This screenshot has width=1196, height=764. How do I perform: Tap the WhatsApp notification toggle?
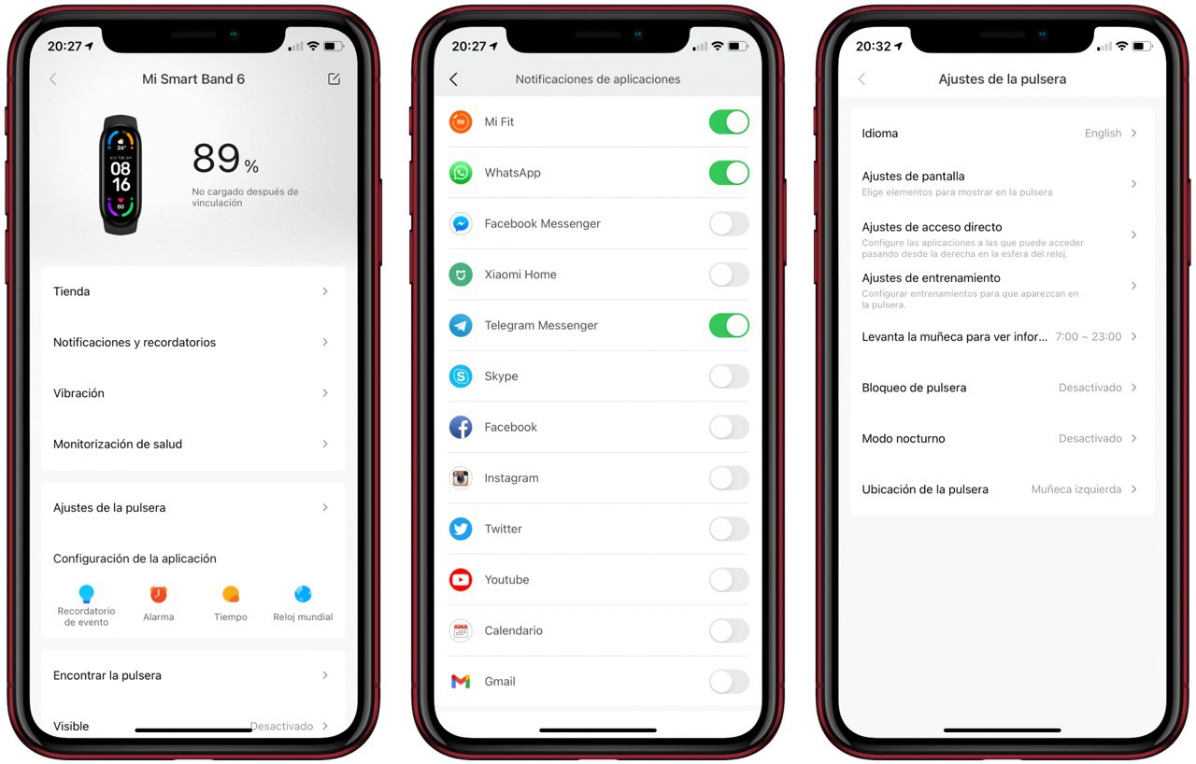pos(729,173)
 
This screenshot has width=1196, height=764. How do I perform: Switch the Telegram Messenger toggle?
pos(729,325)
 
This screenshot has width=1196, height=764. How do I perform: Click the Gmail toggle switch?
pos(729,681)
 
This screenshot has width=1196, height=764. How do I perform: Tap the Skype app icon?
pos(461,376)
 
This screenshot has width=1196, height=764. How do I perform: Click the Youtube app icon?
pos(461,579)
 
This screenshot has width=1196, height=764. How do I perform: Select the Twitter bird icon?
pos(461,529)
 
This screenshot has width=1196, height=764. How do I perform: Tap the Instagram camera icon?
pos(461,478)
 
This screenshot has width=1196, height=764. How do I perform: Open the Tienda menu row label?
pos(72,291)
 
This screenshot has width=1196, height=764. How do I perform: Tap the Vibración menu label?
pos(79,393)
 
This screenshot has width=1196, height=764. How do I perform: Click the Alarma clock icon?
pos(159,594)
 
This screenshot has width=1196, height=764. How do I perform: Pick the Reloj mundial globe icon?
pos(303,594)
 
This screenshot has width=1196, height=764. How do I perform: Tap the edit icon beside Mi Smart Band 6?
pos(334,79)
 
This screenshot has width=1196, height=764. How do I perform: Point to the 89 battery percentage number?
pos(216,159)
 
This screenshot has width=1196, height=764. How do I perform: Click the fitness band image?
pos(121,175)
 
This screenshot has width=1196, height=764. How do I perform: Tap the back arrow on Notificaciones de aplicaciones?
pos(454,79)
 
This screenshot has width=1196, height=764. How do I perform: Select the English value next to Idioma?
pos(1103,134)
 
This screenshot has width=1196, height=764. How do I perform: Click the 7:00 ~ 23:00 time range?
pos(1089,336)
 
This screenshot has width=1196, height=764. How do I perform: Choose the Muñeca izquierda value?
pos(1075,489)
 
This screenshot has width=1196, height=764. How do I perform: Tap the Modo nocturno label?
pos(904,439)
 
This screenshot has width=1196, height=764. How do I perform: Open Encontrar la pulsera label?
pos(107,675)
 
